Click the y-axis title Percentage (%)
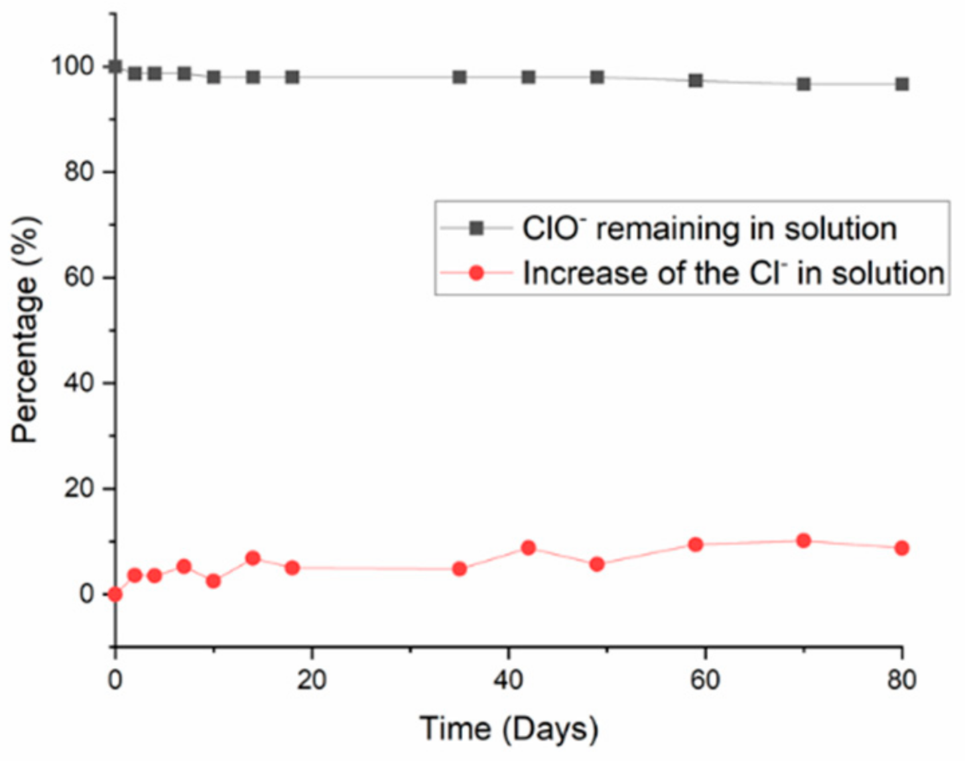pyautogui.click(x=25, y=330)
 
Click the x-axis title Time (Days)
pyautogui.click(x=509, y=729)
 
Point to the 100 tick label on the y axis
pyautogui.click(x=73, y=66)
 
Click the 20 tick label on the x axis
pyautogui.click(x=312, y=680)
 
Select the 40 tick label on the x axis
pyautogui.click(x=509, y=680)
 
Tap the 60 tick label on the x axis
pyautogui.click(x=705, y=680)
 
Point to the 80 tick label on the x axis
pyautogui.click(x=901, y=680)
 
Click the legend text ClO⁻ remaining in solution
pyautogui.click(x=709, y=229)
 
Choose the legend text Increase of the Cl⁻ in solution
pyautogui.click(x=733, y=273)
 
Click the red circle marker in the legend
pyautogui.click(x=476, y=273)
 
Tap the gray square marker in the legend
pyautogui.click(x=476, y=229)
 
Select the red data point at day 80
pyautogui.click(x=902, y=548)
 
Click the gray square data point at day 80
pyautogui.click(x=902, y=84)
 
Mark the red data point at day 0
pyautogui.click(x=115, y=594)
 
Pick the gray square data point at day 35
pyautogui.click(x=460, y=77)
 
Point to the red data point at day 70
pyautogui.click(x=803, y=541)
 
